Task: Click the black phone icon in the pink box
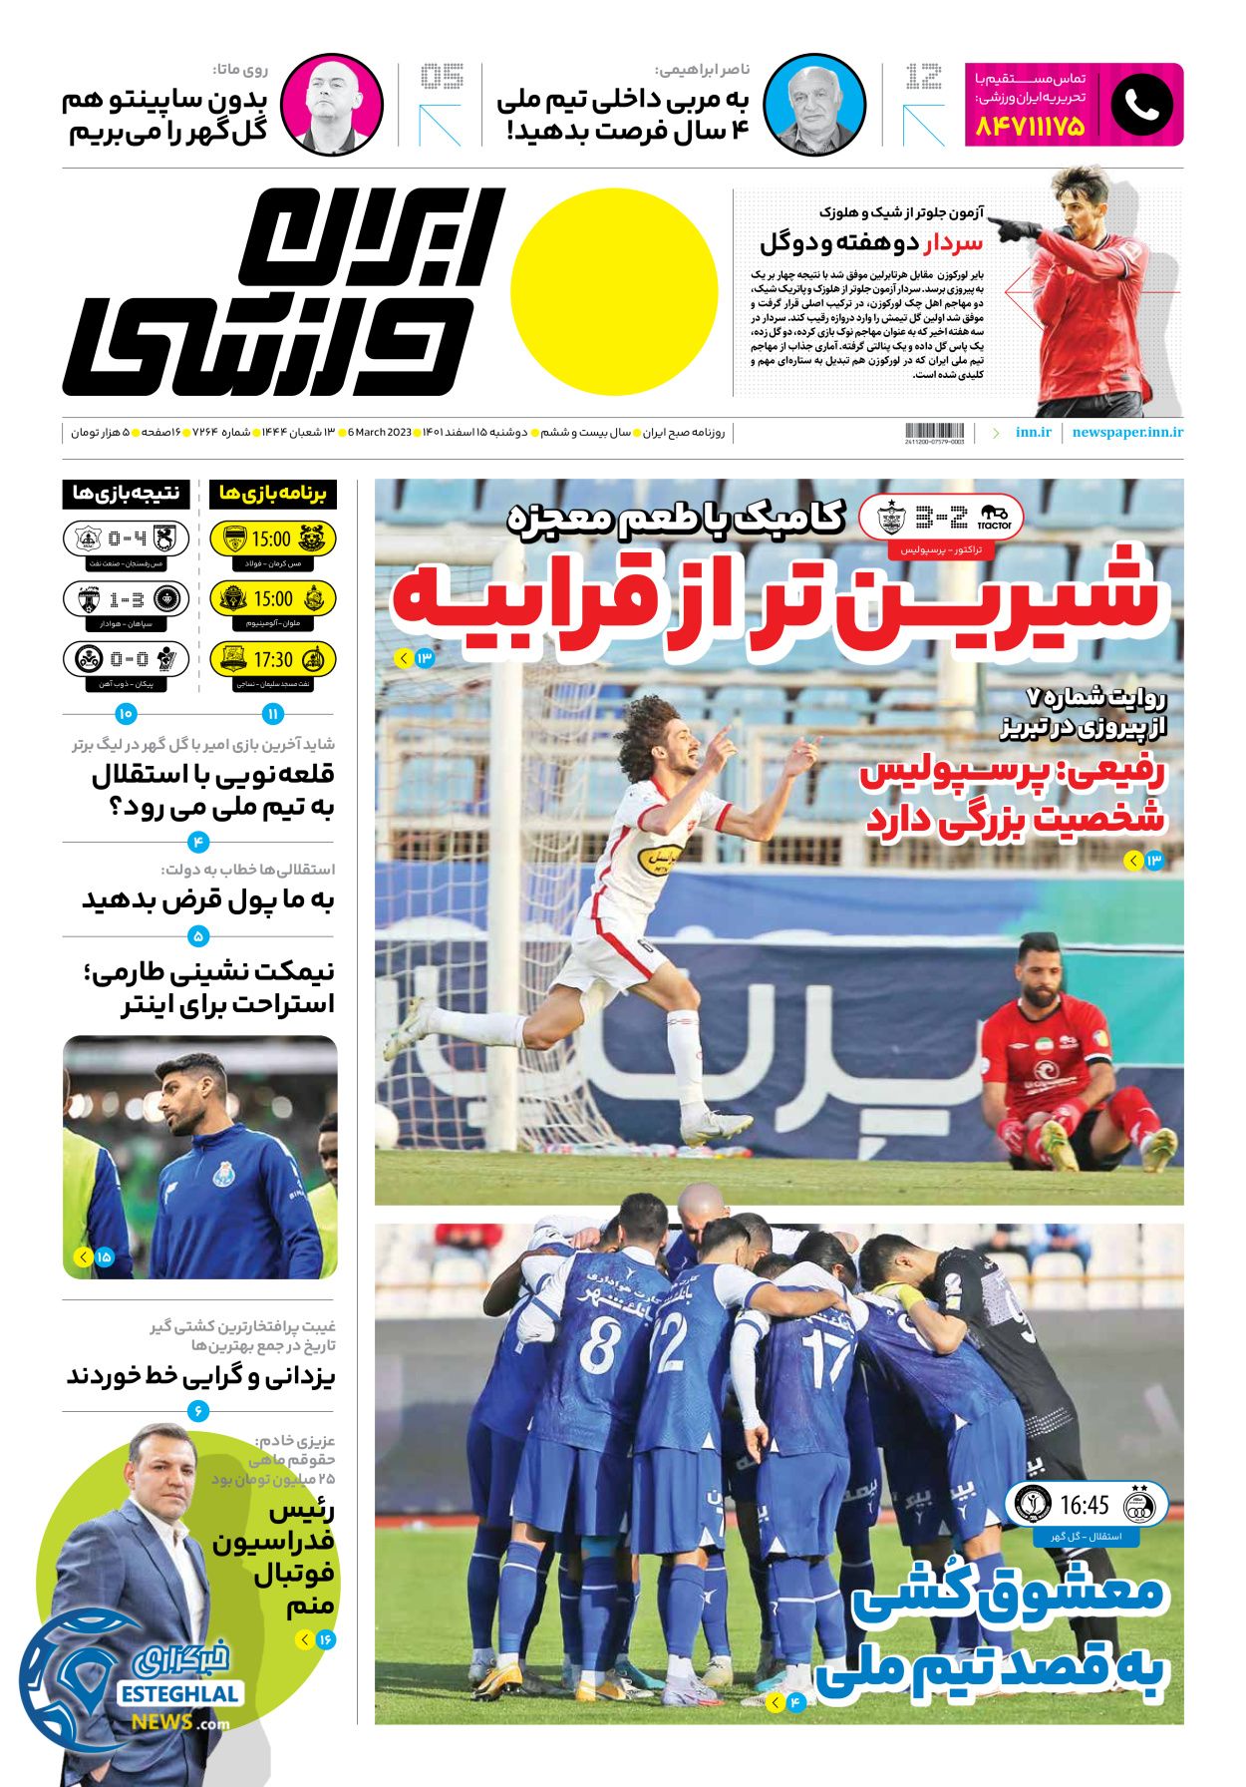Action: pyautogui.click(x=1141, y=105)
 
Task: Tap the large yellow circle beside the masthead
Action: pyautogui.click(x=614, y=291)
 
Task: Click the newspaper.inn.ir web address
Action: pyautogui.click(x=1127, y=432)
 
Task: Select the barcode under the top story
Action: pyautogui.click(x=934, y=431)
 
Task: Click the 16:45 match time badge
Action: pyautogui.click(x=1085, y=1504)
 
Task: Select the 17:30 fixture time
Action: pyautogui.click(x=272, y=659)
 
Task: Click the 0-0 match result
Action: pyautogui.click(x=128, y=659)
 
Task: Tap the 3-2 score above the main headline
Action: pyautogui.click(x=941, y=518)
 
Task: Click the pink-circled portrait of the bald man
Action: pyautogui.click(x=331, y=105)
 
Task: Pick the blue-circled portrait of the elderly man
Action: pyautogui.click(x=813, y=105)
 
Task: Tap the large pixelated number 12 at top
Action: pyautogui.click(x=923, y=77)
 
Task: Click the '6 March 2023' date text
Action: pyautogui.click(x=380, y=432)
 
